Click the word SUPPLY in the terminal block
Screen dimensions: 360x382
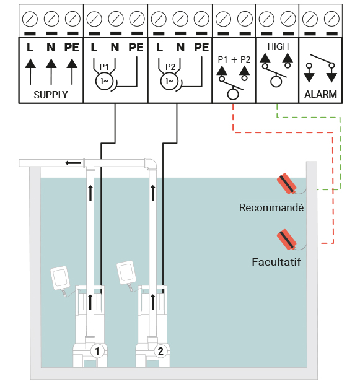point(51,95)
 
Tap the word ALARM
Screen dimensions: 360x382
point(321,94)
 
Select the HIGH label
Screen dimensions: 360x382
point(278,46)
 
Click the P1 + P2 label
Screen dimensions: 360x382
point(234,59)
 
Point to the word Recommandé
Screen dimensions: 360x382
point(271,207)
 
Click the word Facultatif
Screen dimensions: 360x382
point(276,262)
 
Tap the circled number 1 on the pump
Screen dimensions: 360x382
point(97,351)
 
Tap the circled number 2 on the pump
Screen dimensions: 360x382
point(160,351)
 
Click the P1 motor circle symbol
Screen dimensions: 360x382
point(104,81)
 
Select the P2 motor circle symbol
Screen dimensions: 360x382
point(169,81)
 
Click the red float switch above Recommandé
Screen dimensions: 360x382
point(287,184)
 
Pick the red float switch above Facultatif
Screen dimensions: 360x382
point(287,240)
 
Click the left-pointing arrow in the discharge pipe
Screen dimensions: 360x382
point(73,163)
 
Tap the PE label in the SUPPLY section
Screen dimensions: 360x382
point(72,47)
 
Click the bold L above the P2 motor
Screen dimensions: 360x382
point(159,47)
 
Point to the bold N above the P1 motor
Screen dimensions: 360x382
point(115,47)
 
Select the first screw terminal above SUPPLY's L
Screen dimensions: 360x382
point(30,19)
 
